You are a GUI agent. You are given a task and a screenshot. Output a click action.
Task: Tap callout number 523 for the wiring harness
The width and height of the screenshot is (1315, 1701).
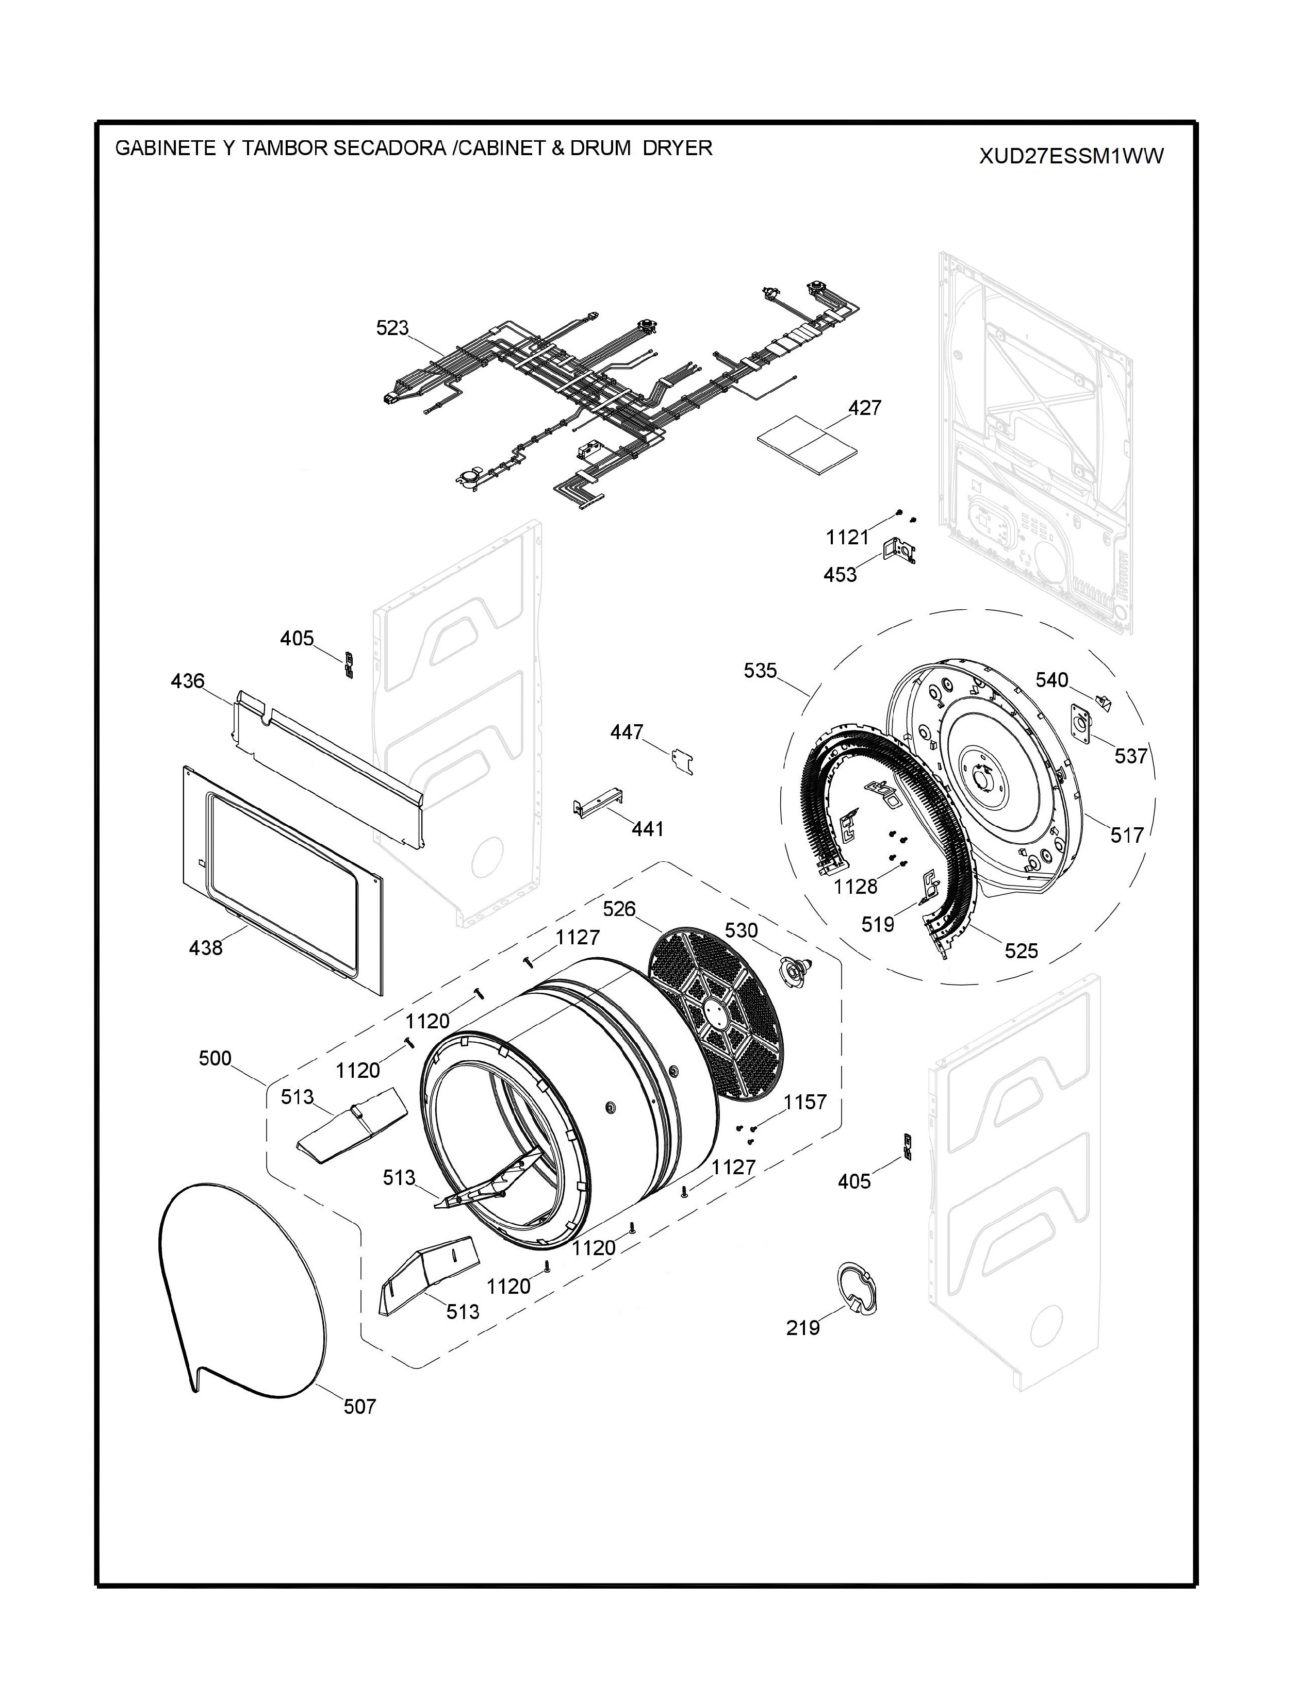pos(392,328)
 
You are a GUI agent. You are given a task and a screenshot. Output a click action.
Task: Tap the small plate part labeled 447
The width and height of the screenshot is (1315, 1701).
pos(682,760)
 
